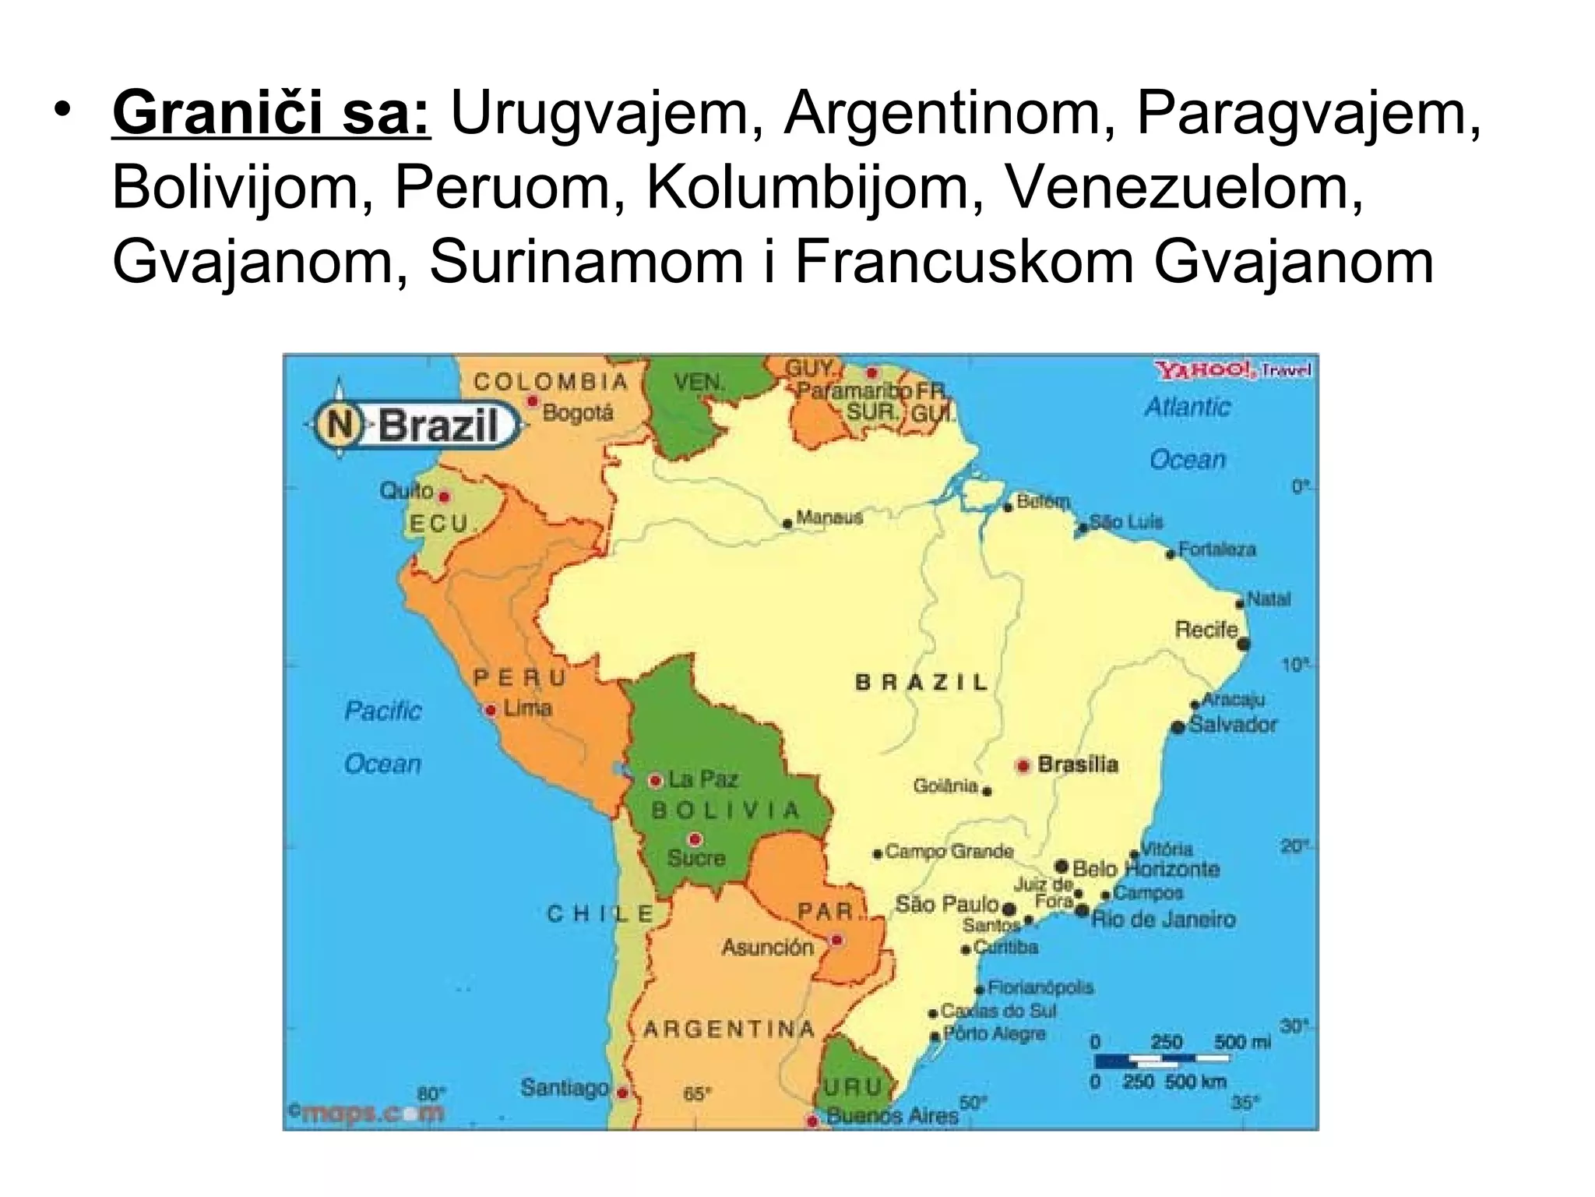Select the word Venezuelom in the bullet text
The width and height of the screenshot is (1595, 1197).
click(1185, 188)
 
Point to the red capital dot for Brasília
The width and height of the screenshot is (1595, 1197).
click(1023, 765)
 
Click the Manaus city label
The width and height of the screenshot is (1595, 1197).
click(829, 517)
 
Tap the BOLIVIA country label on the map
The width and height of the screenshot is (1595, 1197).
click(725, 810)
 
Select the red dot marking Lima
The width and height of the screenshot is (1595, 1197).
click(491, 710)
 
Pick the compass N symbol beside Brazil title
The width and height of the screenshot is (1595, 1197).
click(340, 425)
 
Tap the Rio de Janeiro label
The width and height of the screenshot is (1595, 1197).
click(1163, 919)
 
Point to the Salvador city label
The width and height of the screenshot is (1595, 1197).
click(1233, 725)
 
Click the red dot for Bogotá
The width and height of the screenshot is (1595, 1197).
click(533, 401)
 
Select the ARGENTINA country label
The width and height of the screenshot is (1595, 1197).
click(728, 1029)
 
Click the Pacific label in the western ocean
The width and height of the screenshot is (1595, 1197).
click(382, 711)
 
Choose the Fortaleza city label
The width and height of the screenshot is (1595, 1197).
click(1216, 549)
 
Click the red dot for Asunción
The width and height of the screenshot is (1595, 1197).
click(836, 941)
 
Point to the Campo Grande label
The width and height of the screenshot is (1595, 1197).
click(949, 851)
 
